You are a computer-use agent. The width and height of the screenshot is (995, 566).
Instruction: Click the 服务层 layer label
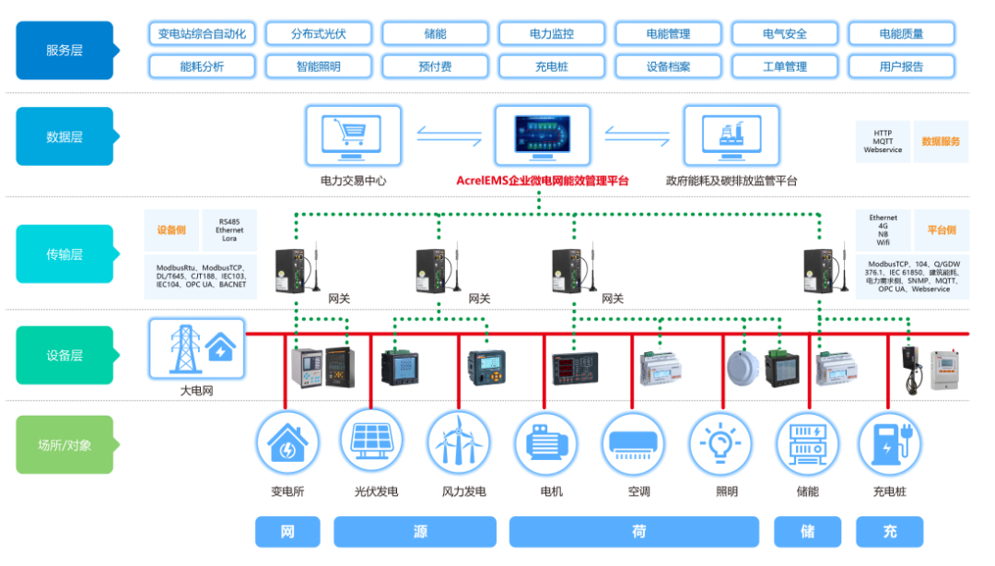64,50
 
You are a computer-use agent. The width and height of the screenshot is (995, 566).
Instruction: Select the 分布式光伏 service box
318,34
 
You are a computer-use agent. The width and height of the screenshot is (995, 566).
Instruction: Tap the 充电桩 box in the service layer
552,66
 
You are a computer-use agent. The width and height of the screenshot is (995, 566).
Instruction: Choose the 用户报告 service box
901,66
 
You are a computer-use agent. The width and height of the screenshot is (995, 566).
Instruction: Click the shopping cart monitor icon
354,135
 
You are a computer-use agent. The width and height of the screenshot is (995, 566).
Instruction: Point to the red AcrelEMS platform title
543,181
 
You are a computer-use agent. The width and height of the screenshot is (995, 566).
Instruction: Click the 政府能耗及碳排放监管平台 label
732,181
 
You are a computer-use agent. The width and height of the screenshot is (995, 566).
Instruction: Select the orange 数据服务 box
941,142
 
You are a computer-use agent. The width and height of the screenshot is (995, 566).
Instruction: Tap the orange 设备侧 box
171,230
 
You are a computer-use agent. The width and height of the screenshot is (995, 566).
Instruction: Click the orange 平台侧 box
942,230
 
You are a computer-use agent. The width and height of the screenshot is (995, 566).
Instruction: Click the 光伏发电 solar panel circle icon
370,442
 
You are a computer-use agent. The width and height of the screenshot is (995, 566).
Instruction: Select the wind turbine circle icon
459,442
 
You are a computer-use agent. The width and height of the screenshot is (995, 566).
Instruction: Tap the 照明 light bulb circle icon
721,442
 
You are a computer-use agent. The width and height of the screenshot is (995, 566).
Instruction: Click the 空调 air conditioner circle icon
634,442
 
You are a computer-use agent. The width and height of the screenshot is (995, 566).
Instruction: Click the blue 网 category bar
287,532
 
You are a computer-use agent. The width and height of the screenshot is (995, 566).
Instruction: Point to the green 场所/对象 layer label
64,444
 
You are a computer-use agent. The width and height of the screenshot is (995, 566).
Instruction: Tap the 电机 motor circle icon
545,442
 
